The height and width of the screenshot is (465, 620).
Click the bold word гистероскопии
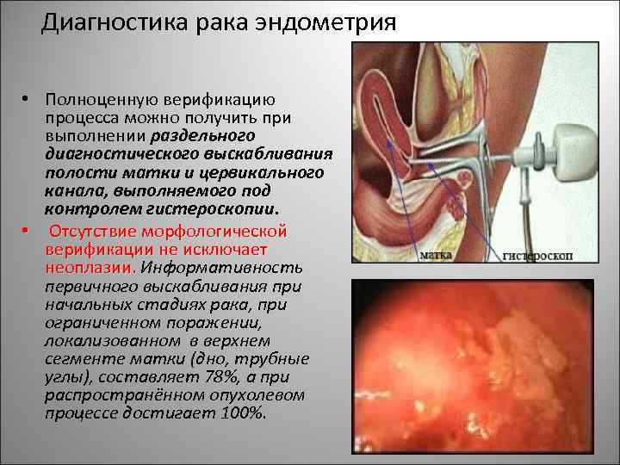tap(226, 208)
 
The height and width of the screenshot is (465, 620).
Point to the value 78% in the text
tap(228, 376)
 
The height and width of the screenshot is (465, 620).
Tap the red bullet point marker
tap(28, 231)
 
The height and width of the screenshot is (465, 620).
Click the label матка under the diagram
tap(437, 254)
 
